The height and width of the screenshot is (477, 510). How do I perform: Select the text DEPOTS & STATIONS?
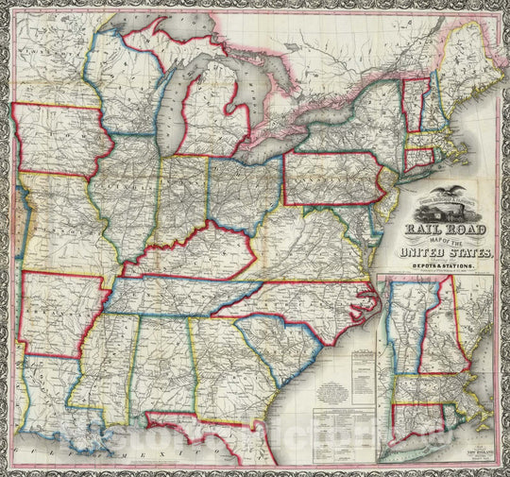point(444,268)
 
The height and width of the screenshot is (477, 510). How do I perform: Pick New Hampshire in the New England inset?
point(436,331)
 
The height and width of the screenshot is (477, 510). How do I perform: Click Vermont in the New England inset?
point(404,326)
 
